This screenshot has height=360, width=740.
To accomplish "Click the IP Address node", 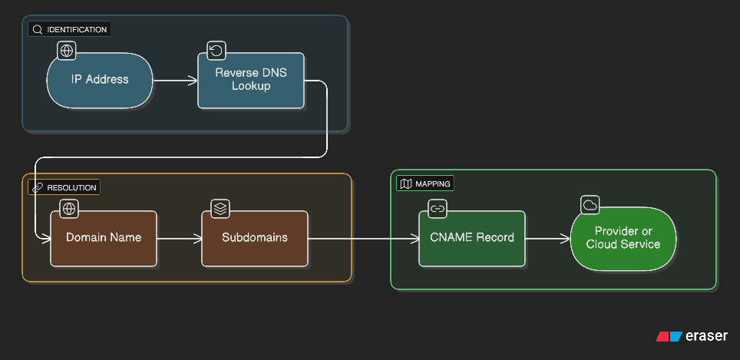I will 100,80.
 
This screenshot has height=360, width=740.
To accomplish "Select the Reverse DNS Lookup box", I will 251,80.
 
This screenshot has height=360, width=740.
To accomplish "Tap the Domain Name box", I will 104,238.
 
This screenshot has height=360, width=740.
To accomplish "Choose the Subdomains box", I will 255,238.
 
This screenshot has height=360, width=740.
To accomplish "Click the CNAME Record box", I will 472,238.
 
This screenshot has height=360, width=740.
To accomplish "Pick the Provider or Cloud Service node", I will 623,238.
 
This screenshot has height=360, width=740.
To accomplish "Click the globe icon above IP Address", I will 67,51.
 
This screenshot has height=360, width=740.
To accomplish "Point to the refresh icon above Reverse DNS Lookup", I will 217,51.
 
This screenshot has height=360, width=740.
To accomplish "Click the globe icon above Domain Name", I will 70,208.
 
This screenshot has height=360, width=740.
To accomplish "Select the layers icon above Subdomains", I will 221,208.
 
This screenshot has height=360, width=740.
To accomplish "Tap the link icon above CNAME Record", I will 438,208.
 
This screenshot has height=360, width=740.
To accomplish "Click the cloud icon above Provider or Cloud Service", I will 590,205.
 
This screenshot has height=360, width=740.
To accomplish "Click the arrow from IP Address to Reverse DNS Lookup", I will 175,80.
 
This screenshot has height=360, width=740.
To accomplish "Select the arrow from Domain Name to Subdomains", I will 179,238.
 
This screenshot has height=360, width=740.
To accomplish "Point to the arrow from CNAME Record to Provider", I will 548,238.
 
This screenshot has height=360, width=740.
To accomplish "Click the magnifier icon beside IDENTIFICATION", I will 38,30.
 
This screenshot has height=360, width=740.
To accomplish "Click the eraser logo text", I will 707,336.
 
